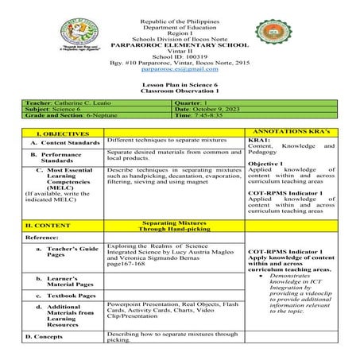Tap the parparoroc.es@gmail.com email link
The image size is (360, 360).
click(x=179, y=68)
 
